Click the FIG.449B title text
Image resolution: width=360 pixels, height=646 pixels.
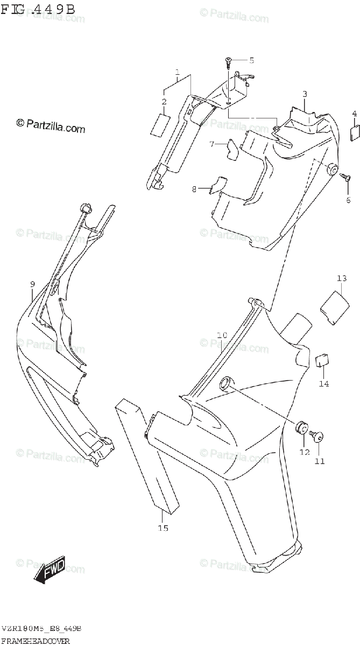point(38,9)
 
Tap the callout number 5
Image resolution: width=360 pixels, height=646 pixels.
point(251,60)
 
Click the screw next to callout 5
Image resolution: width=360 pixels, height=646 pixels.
point(229,62)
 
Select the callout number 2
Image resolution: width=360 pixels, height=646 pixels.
point(164,101)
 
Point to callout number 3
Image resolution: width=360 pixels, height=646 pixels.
point(305,94)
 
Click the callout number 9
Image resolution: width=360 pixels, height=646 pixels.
point(32,284)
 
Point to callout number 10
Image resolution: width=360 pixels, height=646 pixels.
point(222,335)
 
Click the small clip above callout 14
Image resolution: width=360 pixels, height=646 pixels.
point(322,359)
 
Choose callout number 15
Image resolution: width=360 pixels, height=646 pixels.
point(163,528)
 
